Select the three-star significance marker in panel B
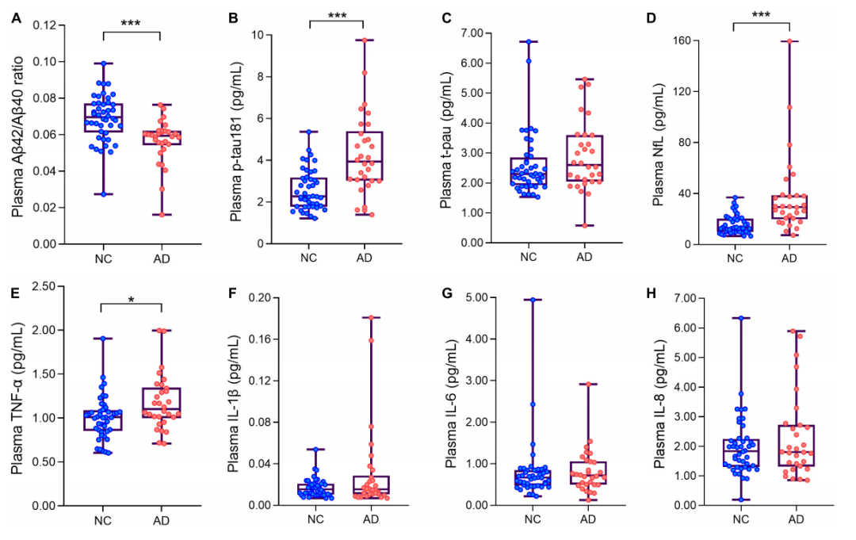click(335, 16)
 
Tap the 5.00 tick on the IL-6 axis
click(470, 298)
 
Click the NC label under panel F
click(312, 519)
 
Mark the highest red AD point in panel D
click(790, 41)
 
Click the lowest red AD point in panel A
click(161, 214)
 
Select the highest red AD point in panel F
click(369, 318)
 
